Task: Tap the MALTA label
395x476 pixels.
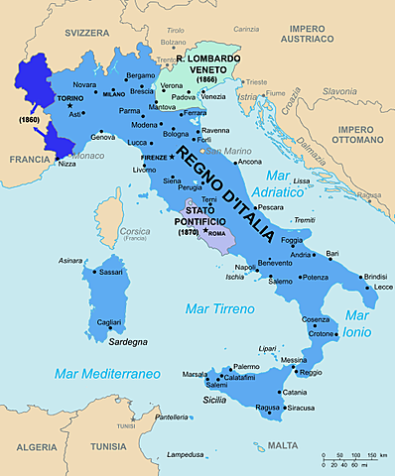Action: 282,445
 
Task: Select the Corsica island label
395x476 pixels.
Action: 135,231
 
